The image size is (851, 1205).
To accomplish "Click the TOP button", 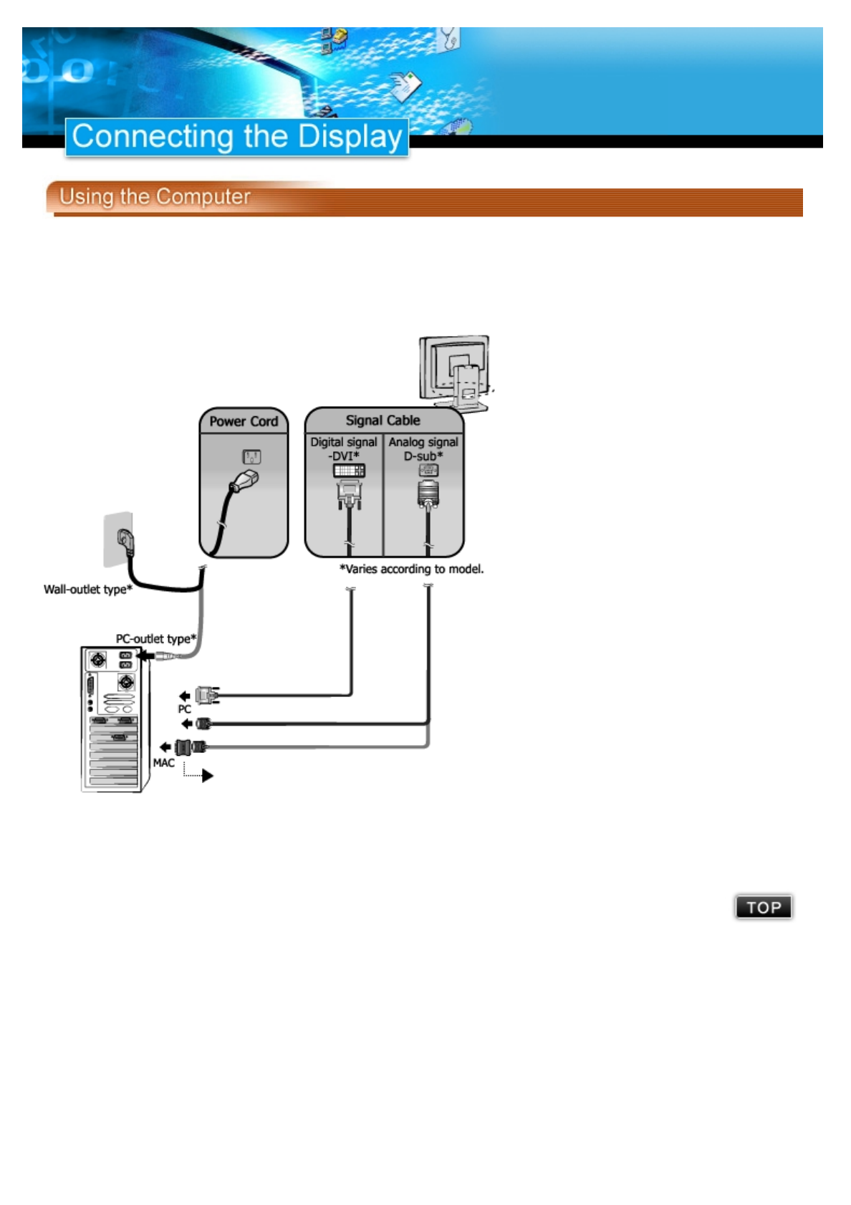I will point(764,907).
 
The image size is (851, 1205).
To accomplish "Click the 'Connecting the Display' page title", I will point(237,136).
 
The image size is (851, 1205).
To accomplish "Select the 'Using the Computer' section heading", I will point(155,196).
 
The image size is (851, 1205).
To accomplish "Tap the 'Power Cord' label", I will point(244,421).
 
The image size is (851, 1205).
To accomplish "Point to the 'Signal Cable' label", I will point(383,421).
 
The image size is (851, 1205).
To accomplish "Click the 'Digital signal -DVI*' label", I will point(344,448).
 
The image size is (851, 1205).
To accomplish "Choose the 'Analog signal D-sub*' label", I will point(423,448).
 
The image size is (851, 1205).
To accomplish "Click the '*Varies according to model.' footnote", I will point(412,569).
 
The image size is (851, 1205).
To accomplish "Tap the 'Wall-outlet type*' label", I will point(88,589).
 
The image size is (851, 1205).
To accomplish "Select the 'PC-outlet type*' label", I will point(156,638).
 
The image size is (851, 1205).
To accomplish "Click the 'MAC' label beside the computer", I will point(163,763).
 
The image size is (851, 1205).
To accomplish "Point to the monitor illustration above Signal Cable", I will point(455,373).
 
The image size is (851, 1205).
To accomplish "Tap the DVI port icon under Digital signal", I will point(349,471).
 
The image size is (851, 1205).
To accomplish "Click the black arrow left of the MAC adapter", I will point(165,747).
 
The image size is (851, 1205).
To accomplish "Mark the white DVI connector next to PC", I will point(207,695).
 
